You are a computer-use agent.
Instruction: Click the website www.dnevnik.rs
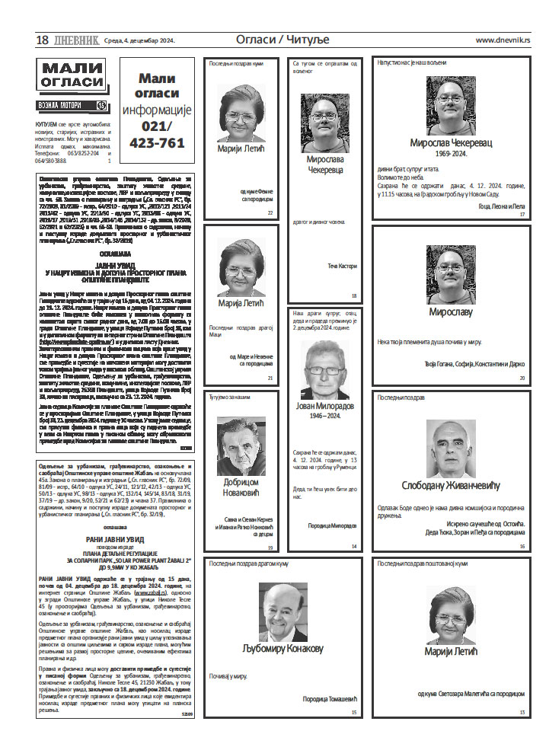[x=503, y=40]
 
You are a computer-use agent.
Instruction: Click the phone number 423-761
[x=158, y=142]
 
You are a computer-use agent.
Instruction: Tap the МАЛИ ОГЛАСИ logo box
[x=72, y=77]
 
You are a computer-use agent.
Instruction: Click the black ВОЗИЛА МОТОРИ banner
[x=72, y=105]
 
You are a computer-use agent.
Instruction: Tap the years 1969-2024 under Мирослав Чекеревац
[x=450, y=152]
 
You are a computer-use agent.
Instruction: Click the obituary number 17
[x=522, y=215]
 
